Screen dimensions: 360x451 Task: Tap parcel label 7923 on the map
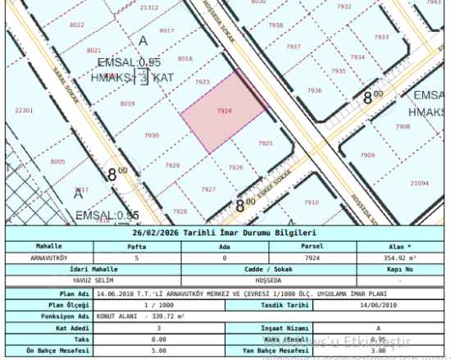coord(203,82)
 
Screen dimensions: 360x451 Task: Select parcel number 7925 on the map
coord(265,144)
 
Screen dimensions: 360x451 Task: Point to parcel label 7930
coord(151,135)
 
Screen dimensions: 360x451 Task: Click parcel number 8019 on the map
coord(127,104)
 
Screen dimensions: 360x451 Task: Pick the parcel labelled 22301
coord(25,110)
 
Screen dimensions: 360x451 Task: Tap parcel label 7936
coord(314,90)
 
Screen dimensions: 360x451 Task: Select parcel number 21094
coord(420,183)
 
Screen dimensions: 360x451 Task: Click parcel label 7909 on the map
coord(367,155)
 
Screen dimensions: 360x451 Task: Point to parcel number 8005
coord(57,162)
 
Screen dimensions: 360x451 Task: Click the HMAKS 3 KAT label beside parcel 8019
coord(133,79)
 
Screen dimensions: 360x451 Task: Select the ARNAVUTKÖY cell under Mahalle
coord(49,257)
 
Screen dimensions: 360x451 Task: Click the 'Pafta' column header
coord(137,245)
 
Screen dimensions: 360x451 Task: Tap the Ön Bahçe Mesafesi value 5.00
coord(137,350)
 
